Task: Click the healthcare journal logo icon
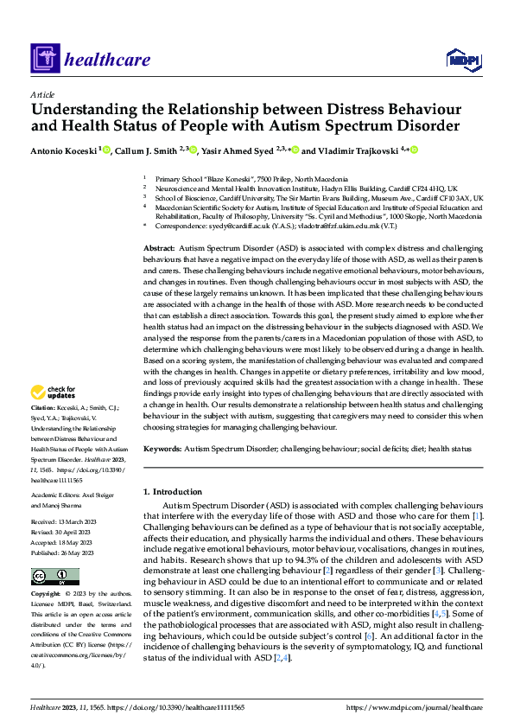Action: (x=42, y=60)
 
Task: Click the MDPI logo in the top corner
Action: (x=461, y=58)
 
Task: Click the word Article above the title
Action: (x=41, y=94)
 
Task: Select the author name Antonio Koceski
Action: (x=63, y=150)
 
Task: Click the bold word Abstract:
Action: (x=160, y=248)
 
